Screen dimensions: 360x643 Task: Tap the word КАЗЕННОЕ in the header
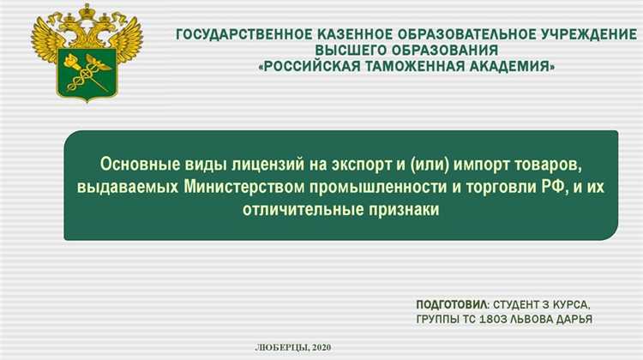tap(342, 35)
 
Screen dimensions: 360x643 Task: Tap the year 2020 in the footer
tap(321, 346)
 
